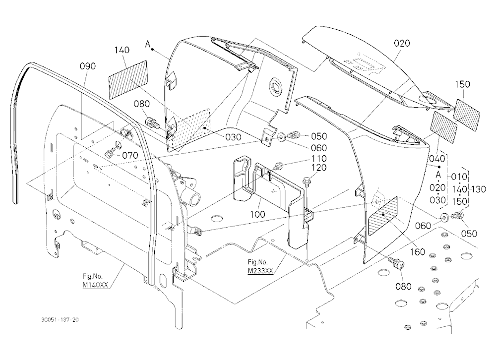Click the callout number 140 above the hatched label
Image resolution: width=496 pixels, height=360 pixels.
122,50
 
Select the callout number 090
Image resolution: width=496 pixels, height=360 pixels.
88,66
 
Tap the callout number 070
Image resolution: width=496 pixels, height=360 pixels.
130,155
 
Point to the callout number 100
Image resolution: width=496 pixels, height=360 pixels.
257,214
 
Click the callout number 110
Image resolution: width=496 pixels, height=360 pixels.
319,159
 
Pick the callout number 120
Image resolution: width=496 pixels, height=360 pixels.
319,168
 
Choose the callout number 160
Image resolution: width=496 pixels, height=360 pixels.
418,252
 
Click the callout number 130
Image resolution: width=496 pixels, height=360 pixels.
478,189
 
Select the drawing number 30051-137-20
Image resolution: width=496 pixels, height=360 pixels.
60,320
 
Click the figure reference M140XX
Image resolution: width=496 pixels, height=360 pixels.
96,285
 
